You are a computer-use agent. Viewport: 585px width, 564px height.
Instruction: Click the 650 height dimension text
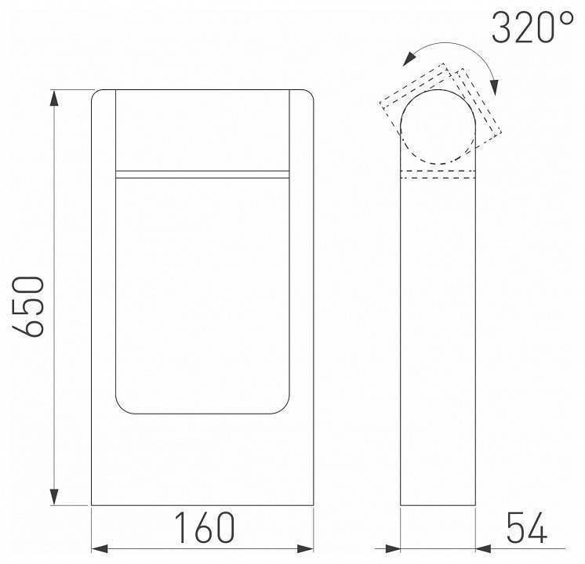click(30, 305)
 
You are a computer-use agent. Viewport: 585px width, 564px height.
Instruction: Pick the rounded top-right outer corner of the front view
click(311, 95)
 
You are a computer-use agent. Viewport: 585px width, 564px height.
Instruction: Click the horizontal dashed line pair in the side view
click(439, 174)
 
